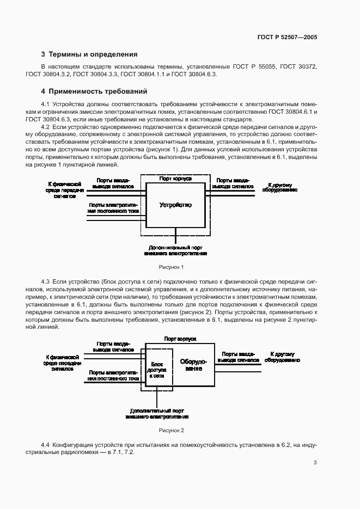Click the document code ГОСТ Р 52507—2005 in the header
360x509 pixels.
286,37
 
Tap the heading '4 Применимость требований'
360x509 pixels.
94,91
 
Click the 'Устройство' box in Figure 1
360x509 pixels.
175,205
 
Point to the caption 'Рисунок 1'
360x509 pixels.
171,267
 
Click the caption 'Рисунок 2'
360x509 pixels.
171,431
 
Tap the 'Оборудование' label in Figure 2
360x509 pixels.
193,365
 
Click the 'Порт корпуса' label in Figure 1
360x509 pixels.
175,178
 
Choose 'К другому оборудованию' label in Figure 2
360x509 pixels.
282,357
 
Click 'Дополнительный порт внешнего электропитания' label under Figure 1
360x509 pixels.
175,250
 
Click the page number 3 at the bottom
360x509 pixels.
315,463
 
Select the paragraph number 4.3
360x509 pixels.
46,281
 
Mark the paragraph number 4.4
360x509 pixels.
46,445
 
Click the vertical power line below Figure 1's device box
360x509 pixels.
175,236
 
